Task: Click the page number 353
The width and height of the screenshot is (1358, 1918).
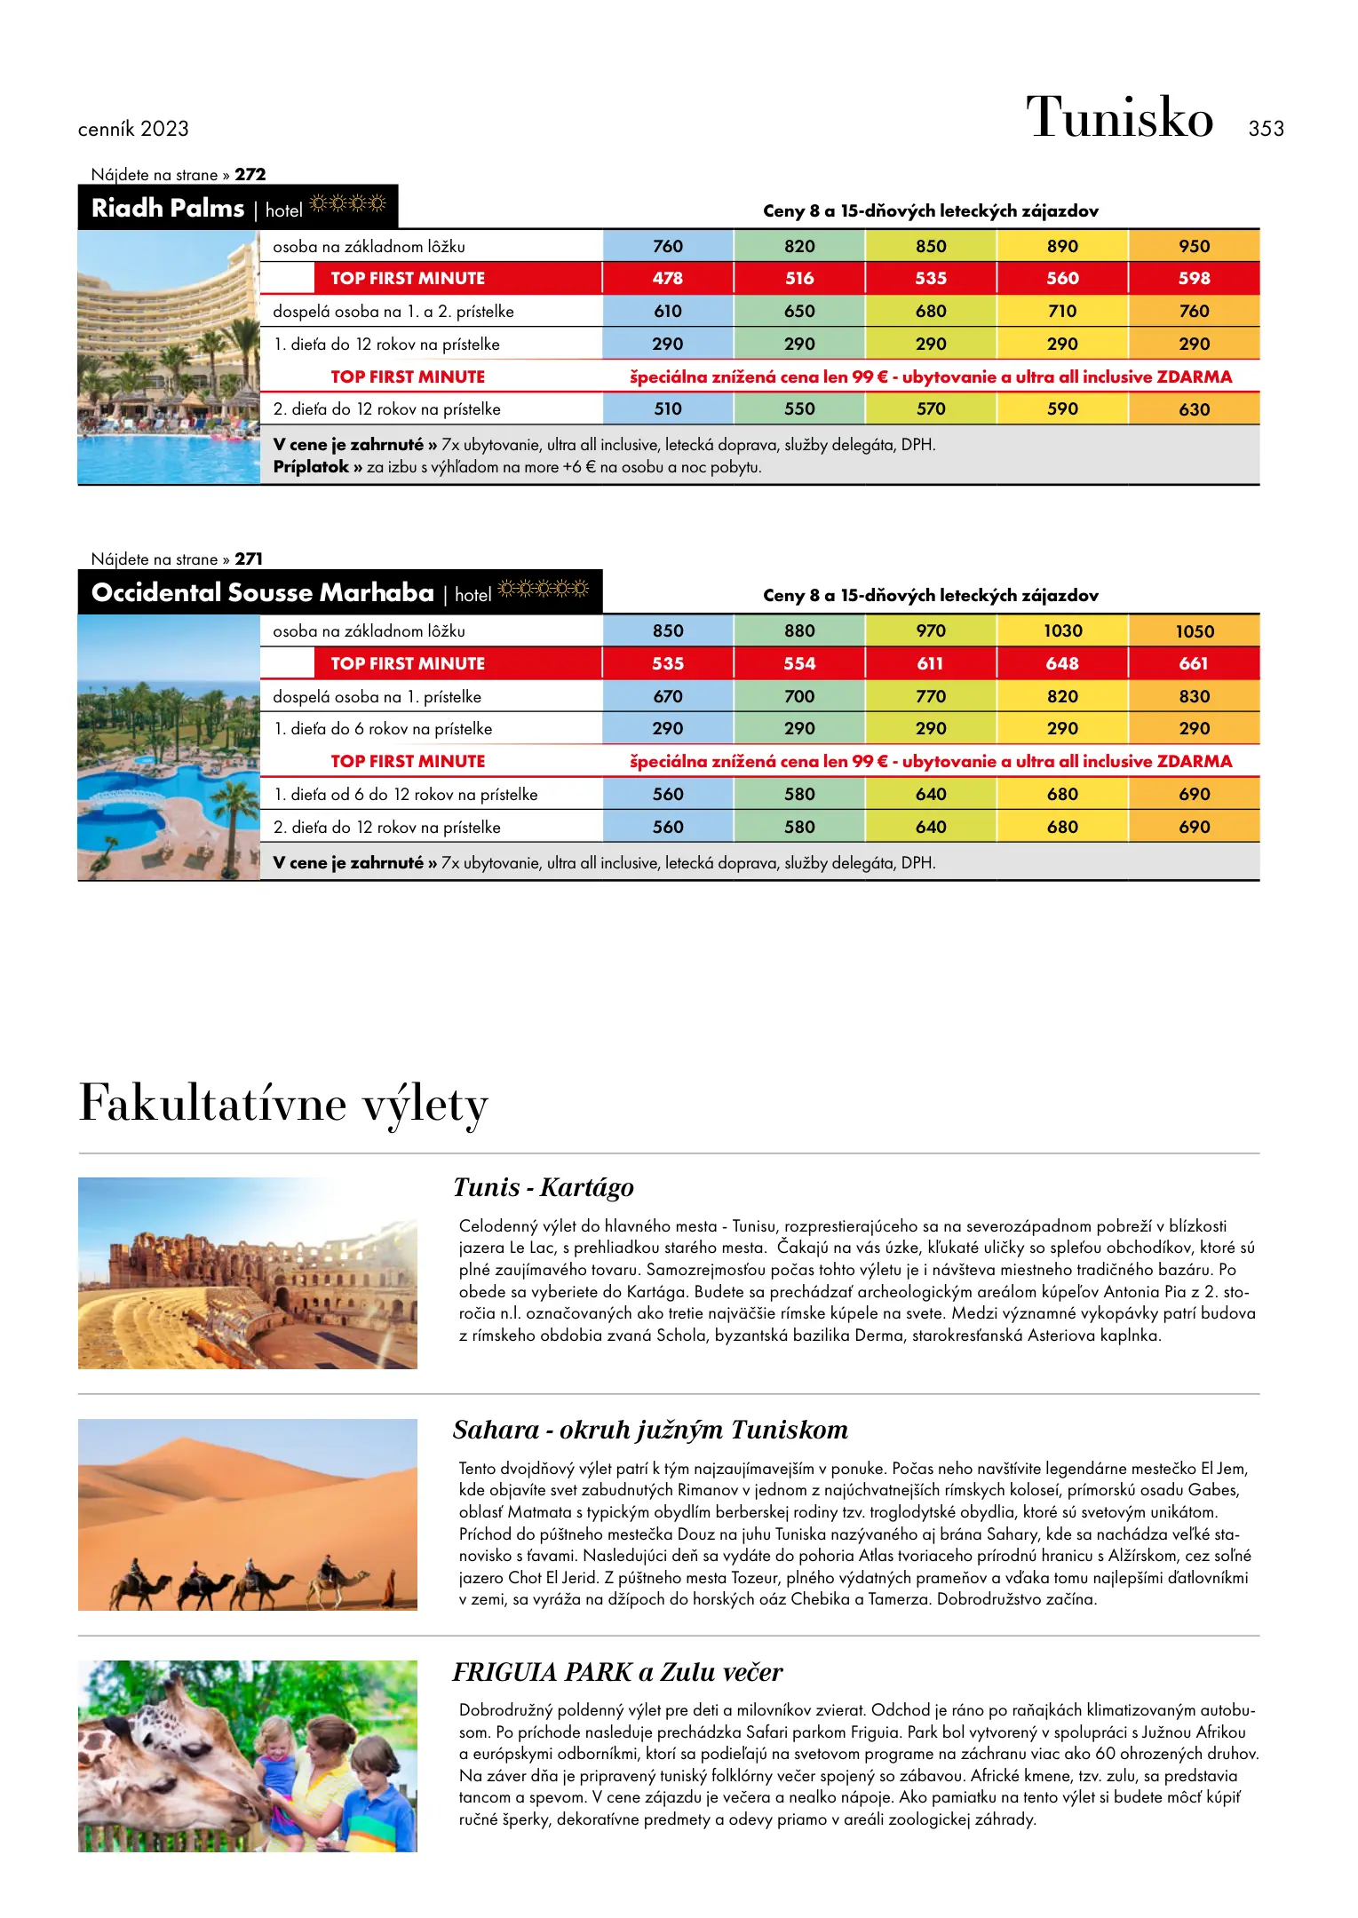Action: click(x=1266, y=129)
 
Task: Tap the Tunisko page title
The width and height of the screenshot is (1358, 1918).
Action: click(x=1119, y=117)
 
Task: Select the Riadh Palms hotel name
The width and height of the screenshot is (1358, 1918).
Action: click(x=168, y=208)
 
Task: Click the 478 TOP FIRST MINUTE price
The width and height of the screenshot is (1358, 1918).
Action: click(x=668, y=278)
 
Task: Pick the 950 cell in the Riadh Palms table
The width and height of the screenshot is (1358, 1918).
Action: click(x=1194, y=246)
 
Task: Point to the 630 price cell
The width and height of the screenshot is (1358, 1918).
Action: click(x=1194, y=409)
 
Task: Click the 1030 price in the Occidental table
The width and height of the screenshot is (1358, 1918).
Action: click(x=1062, y=630)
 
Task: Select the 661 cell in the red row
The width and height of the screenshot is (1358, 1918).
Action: click(x=1194, y=663)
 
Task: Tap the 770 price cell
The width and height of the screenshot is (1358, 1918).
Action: click(x=931, y=696)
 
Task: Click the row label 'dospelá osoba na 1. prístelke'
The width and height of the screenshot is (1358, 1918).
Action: click(x=377, y=697)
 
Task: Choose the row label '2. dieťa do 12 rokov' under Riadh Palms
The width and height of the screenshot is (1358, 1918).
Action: click(x=386, y=409)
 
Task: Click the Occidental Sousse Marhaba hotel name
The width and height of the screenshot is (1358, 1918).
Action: click(x=263, y=592)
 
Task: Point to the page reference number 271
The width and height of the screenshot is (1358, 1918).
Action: click(x=249, y=559)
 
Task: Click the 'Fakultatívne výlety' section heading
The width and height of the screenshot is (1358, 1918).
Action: click(x=283, y=1104)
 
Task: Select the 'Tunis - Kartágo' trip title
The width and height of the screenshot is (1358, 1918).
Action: click(x=543, y=1187)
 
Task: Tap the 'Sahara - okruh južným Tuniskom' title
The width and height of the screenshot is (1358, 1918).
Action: click(x=650, y=1430)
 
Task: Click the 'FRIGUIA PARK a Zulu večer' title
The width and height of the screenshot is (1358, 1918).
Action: click(x=617, y=1672)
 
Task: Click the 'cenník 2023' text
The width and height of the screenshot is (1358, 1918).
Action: click(x=133, y=129)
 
